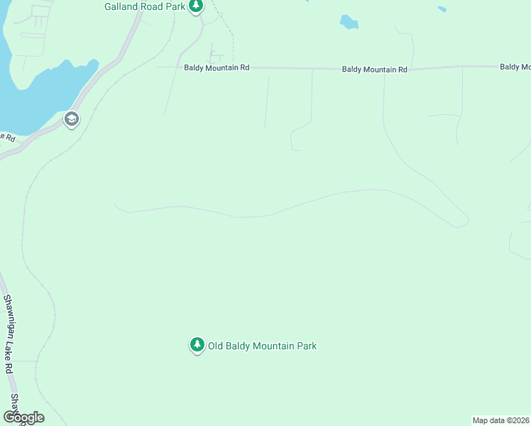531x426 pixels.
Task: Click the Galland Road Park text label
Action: (144, 6)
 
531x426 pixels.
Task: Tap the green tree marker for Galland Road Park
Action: (196, 6)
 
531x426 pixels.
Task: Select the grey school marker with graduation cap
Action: (71, 119)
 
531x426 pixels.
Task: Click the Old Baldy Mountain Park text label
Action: (262, 346)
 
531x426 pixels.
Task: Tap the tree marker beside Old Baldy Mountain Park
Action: (197, 345)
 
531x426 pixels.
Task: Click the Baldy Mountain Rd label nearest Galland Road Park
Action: (217, 67)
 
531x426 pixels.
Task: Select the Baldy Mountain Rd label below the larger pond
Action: (374, 70)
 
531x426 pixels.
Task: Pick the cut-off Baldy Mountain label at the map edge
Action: (515, 67)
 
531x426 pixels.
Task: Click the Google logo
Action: (23, 417)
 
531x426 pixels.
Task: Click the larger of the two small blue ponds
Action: (349, 23)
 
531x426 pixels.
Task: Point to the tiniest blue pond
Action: (442, 9)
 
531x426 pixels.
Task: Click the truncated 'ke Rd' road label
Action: (7, 136)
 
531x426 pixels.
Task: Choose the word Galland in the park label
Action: (121, 6)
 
